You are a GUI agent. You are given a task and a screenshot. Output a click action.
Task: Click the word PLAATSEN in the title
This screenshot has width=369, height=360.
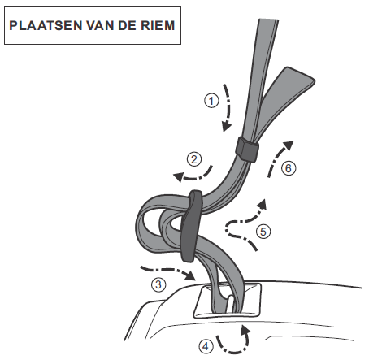[46, 25]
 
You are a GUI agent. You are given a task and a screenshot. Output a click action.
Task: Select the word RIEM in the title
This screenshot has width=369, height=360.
[158, 25]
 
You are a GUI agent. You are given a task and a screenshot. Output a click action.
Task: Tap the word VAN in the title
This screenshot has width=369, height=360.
[100, 25]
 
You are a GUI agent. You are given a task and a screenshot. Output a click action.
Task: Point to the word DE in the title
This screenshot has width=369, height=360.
[128, 25]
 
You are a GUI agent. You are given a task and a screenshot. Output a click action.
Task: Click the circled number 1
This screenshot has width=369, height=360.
[211, 101]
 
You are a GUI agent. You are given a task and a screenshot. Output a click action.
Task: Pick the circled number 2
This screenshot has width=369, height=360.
[194, 159]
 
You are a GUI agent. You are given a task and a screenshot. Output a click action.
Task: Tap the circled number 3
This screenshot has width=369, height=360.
[158, 284]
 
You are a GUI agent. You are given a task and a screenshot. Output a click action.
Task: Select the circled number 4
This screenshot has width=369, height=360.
[206, 346]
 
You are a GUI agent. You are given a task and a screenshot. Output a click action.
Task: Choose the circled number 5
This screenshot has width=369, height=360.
[263, 232]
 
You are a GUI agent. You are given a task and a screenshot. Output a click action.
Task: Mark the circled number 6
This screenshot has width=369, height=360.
[289, 168]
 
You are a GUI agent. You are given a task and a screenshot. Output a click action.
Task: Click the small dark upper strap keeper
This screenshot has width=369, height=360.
[247, 150]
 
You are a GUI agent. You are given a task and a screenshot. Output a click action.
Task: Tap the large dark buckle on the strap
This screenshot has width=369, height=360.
[192, 226]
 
